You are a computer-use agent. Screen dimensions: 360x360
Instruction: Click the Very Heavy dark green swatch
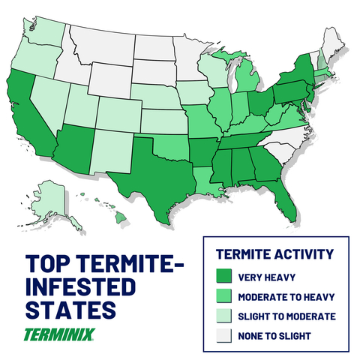[x=224, y=275]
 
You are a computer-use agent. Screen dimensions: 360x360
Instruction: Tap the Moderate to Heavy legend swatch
[x=224, y=295]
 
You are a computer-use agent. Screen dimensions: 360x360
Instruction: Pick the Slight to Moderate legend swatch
[x=224, y=316]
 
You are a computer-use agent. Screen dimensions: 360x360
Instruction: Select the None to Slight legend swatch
[x=224, y=336]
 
